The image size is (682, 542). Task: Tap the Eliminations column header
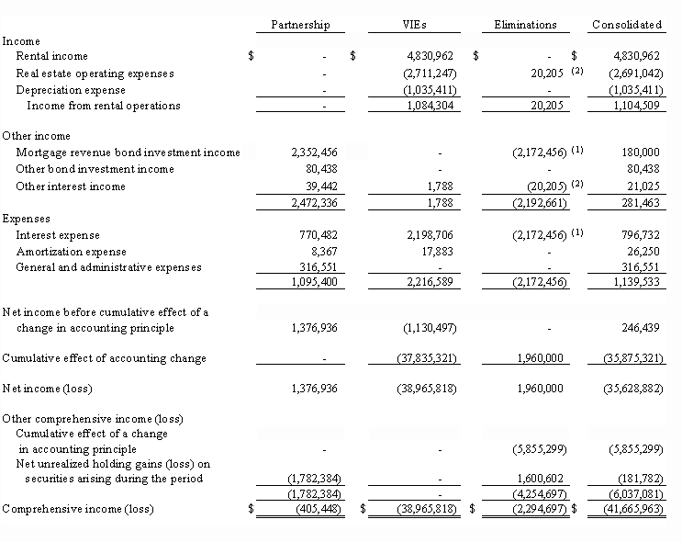click(524, 25)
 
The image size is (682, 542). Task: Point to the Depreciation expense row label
click(70, 90)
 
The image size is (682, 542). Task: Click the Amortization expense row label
click(71, 252)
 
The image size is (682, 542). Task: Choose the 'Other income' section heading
click(36, 136)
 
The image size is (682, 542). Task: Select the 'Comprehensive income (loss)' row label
click(77, 509)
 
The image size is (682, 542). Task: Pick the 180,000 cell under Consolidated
click(639, 152)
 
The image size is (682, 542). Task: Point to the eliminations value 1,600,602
click(534, 479)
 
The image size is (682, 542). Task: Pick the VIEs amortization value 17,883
click(438, 252)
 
